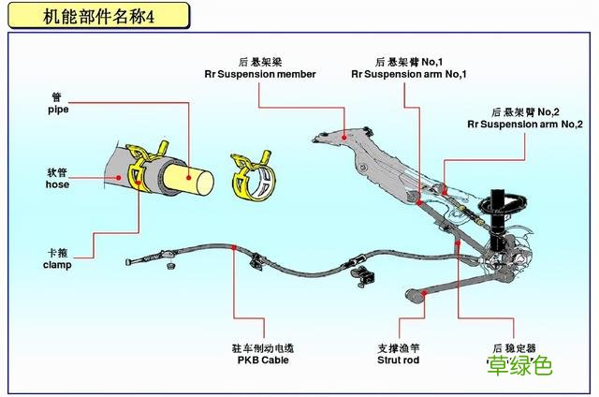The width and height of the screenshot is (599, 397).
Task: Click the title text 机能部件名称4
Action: point(98,16)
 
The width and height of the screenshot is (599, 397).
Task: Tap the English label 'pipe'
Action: point(58,109)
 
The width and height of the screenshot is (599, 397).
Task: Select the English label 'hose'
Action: point(58,184)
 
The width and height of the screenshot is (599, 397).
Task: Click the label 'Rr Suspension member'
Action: point(260,74)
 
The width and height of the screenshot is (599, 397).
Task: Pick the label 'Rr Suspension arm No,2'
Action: point(525,124)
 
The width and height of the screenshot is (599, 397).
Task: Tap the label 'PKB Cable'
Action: point(263,360)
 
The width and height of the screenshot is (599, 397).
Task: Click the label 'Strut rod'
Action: point(398,360)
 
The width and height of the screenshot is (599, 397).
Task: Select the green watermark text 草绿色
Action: point(519,366)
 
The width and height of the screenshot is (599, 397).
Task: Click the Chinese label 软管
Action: point(58,172)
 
